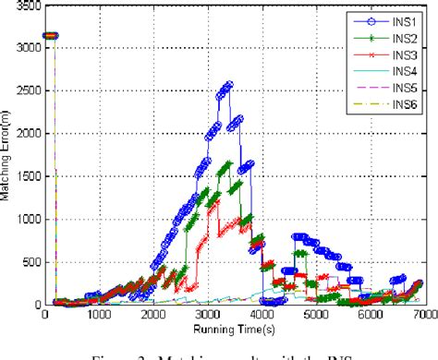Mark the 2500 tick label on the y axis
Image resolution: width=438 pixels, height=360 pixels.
coord(27,90)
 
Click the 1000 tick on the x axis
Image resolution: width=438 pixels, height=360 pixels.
coord(101,315)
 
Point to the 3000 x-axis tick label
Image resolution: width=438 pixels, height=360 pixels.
coord(208,315)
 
